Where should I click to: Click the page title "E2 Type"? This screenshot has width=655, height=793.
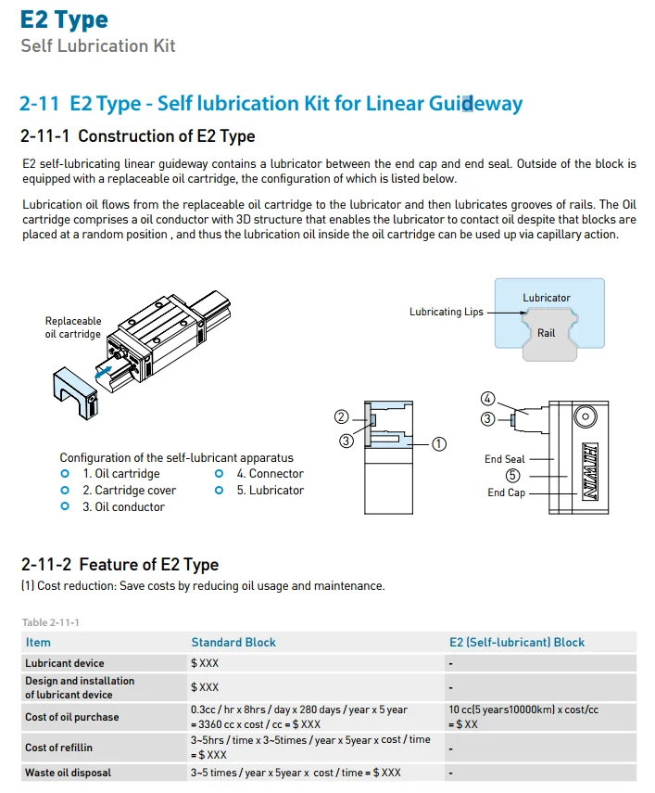pos(64,19)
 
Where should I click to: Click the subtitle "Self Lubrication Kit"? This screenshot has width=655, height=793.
pos(97,45)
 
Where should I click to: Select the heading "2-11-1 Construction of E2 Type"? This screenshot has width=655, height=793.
pos(137,136)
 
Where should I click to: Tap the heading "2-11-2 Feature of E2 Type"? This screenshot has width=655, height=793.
pos(120,564)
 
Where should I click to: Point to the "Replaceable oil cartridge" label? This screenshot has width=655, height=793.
pos(73,327)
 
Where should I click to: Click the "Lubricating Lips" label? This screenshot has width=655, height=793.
pos(446,313)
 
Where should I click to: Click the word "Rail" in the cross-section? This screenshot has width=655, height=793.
pos(547,332)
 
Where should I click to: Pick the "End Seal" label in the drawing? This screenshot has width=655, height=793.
pos(504,459)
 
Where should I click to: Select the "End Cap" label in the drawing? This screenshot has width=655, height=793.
pos(506,492)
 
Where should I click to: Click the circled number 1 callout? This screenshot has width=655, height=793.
pos(439,444)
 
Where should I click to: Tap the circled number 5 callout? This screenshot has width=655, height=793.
pos(513,476)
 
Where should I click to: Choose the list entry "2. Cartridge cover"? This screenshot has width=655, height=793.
pos(129,490)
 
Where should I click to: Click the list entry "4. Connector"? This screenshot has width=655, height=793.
pos(270,473)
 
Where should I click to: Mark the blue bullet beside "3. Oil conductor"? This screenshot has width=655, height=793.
pos(65,506)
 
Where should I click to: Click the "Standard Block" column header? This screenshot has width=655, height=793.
pos(233,642)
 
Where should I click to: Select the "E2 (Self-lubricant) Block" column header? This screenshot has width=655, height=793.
pos(517,642)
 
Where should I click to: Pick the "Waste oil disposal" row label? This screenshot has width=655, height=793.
pos(68,773)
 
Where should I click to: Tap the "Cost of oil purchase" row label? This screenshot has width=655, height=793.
pos(71,717)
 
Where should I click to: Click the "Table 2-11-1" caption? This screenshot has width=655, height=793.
pos(50,621)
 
